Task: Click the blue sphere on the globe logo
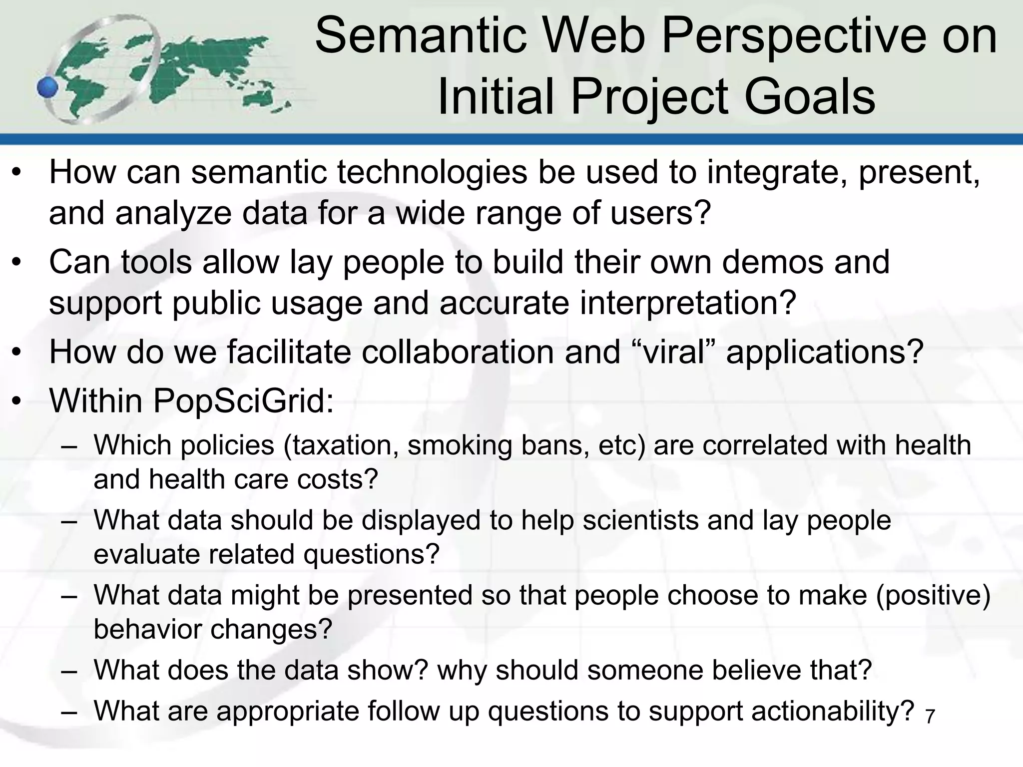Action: coord(48,88)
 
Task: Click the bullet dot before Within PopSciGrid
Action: coord(17,401)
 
